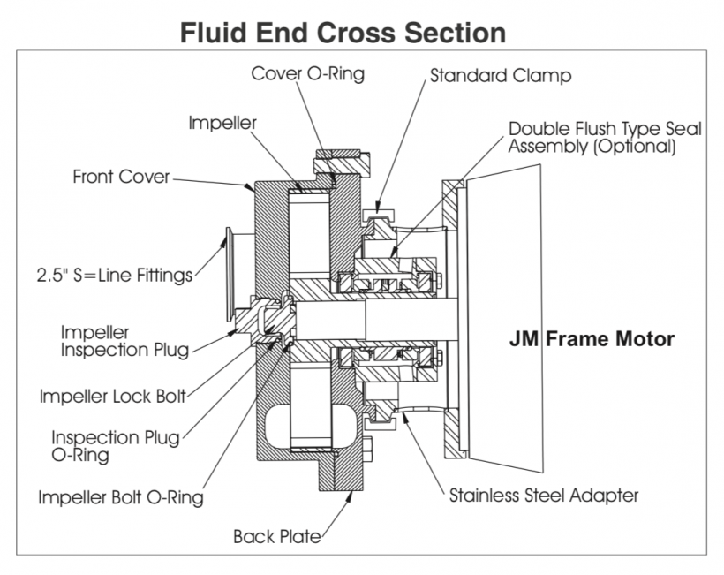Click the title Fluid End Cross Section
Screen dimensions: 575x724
[343, 33]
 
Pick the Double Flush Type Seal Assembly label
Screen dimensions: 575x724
[605, 138]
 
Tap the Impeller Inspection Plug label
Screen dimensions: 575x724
[124, 341]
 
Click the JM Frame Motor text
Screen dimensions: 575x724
[592, 338]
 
